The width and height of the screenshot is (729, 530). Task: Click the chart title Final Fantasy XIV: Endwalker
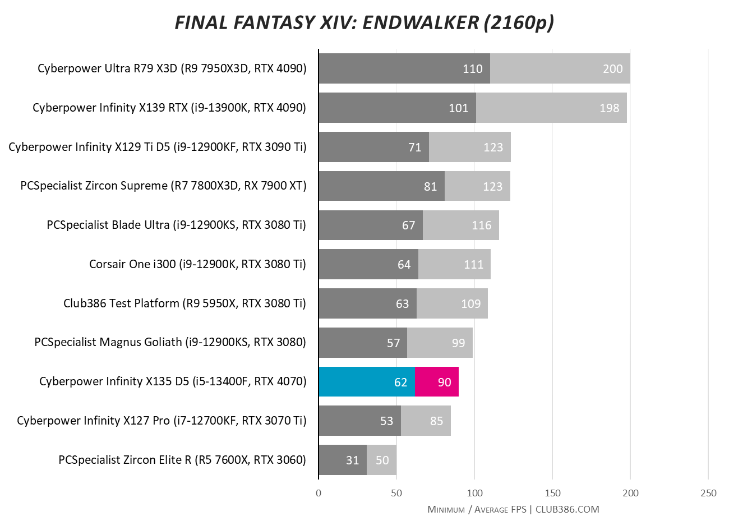tap(364, 22)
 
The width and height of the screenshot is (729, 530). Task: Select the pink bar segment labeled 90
tap(437, 382)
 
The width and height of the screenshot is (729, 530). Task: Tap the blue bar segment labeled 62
tap(367, 382)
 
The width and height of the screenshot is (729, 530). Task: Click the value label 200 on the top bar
tap(612, 68)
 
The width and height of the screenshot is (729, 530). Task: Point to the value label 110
tap(472, 68)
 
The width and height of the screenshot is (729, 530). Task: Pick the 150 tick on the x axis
tap(552, 493)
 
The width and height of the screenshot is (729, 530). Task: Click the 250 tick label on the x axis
tap(708, 493)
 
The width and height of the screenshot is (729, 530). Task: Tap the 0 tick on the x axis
tap(319, 493)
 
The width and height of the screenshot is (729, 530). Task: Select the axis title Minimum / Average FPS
tap(477, 509)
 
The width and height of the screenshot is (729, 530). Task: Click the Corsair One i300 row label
tap(197, 264)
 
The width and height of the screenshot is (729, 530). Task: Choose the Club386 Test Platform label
tap(184, 303)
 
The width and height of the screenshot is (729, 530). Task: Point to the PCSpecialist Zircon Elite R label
tap(182, 460)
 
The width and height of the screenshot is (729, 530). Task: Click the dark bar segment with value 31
tap(343, 460)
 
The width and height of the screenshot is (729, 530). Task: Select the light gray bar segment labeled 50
tap(382, 460)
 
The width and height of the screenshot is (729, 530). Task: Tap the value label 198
tap(609, 108)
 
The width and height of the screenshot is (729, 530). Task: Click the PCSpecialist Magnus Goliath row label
tap(170, 342)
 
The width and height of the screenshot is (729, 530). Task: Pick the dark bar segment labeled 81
tap(381, 186)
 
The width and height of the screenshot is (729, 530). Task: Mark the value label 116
tap(481, 225)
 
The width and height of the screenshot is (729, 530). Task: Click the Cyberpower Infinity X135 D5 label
tap(173, 382)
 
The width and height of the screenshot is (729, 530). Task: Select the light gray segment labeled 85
tap(426, 421)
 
